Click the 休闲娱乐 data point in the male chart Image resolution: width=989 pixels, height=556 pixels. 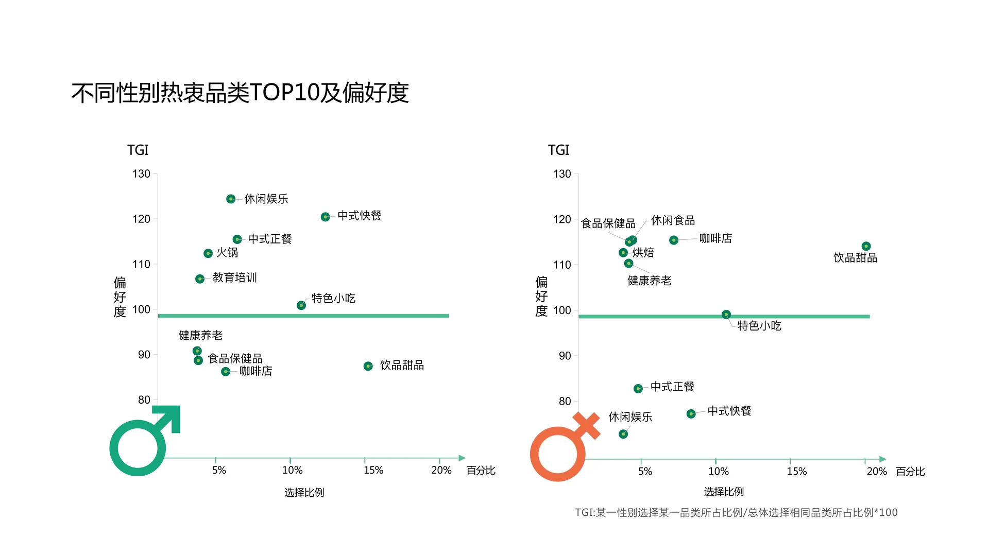231,199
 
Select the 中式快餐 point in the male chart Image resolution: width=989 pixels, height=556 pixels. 325,217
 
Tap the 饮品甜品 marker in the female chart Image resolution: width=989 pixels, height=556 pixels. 866,246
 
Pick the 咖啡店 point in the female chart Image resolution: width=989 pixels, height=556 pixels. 673,240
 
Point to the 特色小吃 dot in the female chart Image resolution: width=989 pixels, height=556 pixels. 726,315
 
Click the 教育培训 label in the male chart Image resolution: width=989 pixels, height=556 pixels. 234,278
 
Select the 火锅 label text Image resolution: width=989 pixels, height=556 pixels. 227,252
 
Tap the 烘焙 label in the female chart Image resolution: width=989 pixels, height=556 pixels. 643,252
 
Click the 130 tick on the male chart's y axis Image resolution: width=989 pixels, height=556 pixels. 141,174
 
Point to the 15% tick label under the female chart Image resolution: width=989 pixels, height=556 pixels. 796,471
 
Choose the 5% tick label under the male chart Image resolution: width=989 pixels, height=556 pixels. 219,470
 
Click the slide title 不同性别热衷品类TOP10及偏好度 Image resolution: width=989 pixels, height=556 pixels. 240,93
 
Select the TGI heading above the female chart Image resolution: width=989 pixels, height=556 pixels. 558,150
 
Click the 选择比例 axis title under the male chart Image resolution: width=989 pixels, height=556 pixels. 304,493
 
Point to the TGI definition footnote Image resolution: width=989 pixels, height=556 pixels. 736,513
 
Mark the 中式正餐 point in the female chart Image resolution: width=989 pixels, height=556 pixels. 638,389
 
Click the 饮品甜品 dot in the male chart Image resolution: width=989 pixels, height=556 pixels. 368,366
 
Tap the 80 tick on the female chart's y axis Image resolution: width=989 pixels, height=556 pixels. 565,401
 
